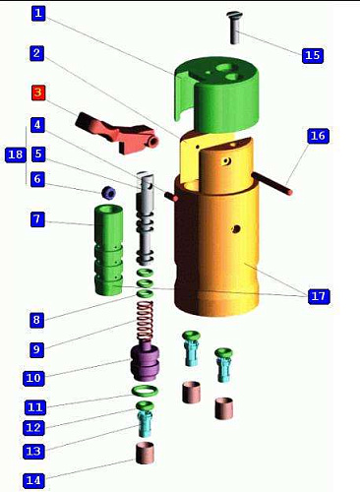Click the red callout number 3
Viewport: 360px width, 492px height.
click(x=38, y=92)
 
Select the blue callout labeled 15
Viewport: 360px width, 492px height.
click(x=312, y=55)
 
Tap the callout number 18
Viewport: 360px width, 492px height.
click(x=15, y=154)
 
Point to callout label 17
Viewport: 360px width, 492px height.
click(x=318, y=296)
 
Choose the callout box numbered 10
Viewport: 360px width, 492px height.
click(x=33, y=378)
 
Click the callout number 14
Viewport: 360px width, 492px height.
click(x=33, y=481)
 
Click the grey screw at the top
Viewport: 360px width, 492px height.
click(x=234, y=28)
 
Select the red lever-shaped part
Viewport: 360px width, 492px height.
click(x=116, y=133)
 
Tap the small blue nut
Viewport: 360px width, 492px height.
click(x=109, y=193)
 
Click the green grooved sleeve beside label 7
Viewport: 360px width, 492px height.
click(x=109, y=250)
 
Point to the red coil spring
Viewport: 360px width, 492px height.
click(x=145, y=322)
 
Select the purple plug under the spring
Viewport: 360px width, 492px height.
click(x=146, y=362)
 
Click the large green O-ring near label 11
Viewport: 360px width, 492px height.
click(x=145, y=391)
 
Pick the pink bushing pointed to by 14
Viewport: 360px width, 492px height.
click(x=145, y=453)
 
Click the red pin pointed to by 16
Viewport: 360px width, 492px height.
click(x=272, y=184)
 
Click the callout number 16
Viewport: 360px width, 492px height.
click(x=318, y=136)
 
